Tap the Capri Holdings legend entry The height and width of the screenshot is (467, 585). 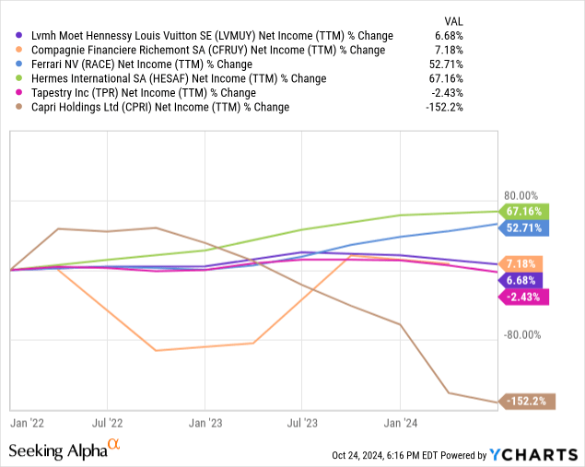[158, 107]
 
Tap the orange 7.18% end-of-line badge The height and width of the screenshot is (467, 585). [521, 263]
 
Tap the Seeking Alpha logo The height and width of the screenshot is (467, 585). [64, 450]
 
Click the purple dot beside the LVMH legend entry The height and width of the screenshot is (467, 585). [20, 36]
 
